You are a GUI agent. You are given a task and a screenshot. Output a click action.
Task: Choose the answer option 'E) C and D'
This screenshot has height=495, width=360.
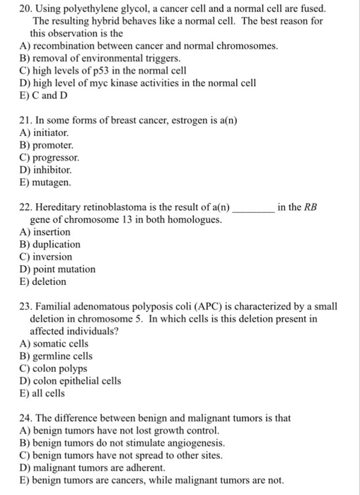click(x=47, y=95)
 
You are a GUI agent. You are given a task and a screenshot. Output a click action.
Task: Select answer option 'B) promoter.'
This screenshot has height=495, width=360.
click(x=47, y=145)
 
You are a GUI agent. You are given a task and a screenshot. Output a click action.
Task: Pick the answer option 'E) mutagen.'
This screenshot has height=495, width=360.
click(x=46, y=182)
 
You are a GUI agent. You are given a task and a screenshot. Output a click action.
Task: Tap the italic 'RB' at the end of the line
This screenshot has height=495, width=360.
click(x=310, y=207)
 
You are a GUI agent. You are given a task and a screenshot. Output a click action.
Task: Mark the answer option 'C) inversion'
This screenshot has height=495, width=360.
click(x=46, y=257)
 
